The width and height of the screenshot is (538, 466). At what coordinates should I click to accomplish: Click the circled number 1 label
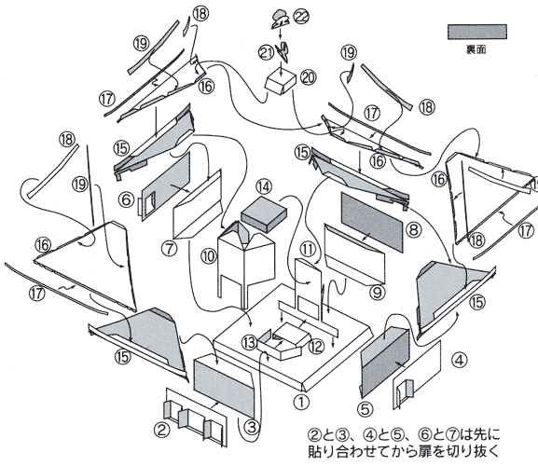pyautogui.click(x=301, y=402)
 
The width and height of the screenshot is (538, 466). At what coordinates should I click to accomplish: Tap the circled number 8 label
pyautogui.click(x=413, y=229)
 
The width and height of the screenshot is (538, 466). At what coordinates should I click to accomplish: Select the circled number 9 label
pyautogui.click(x=377, y=292)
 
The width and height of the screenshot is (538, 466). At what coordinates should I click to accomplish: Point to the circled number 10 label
pyautogui.click(x=209, y=256)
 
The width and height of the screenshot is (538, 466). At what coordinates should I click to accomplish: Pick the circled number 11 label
pyautogui.click(x=308, y=249)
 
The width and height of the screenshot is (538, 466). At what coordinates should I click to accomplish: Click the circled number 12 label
pyautogui.click(x=316, y=347)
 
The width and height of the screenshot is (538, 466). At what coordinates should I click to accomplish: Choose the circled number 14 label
pyautogui.click(x=264, y=187)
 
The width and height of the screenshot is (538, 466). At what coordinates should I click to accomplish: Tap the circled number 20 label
pyautogui.click(x=308, y=78)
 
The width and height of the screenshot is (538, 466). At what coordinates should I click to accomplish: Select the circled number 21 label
pyautogui.click(x=267, y=53)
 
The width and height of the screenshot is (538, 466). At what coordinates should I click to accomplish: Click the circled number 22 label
pyautogui.click(x=301, y=17)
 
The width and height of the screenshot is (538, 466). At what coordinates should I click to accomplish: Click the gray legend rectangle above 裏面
pyautogui.click(x=476, y=32)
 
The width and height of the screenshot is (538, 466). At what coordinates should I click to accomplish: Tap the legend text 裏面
pyautogui.click(x=476, y=49)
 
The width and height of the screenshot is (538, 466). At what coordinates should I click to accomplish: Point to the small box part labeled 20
pyautogui.click(x=281, y=83)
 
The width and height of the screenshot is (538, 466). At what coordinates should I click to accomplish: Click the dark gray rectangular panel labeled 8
pyautogui.click(x=372, y=222)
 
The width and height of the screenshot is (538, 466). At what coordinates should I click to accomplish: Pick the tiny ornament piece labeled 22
pyautogui.click(x=280, y=20)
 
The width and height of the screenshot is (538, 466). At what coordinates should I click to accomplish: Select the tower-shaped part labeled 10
pyautogui.click(x=246, y=262)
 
